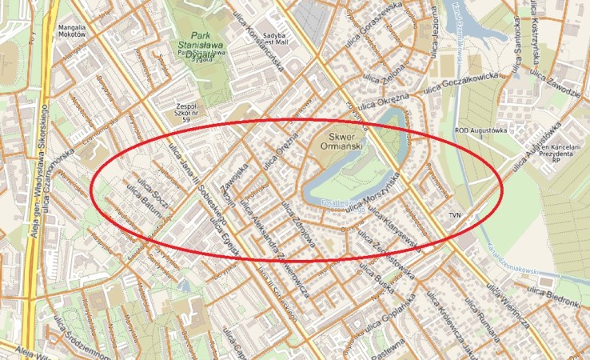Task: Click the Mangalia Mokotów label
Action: [x=72, y=32]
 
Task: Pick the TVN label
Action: [x=456, y=215]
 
